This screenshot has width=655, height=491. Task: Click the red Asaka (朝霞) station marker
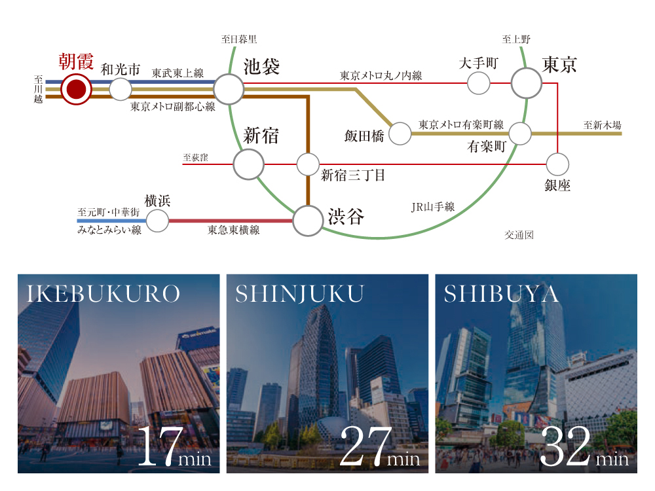[76, 89]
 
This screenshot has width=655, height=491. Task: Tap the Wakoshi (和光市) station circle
[121, 89]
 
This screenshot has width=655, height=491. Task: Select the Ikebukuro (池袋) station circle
[229, 89]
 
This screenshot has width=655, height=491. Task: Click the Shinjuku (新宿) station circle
[248, 164]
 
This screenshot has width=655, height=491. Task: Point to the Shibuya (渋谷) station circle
[308, 221]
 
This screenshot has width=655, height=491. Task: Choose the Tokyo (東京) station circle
[527, 83]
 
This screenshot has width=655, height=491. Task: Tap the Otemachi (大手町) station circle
[478, 83]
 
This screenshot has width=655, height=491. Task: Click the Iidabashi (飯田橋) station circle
[400, 134]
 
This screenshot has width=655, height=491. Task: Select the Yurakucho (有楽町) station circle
[520, 134]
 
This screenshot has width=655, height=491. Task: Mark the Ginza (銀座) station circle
[557, 164]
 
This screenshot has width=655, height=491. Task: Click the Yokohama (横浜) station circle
[157, 221]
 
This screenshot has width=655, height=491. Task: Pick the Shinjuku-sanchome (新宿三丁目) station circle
[308, 164]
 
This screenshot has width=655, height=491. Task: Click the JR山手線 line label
[433, 207]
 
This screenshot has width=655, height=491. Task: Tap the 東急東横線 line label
[234, 230]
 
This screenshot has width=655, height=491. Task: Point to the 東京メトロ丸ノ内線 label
[381, 75]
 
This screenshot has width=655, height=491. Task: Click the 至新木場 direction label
[603, 125]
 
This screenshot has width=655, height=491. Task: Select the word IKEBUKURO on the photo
[103, 293]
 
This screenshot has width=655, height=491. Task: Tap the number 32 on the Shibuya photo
[566, 446]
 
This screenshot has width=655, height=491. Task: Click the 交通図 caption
[519, 235]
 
